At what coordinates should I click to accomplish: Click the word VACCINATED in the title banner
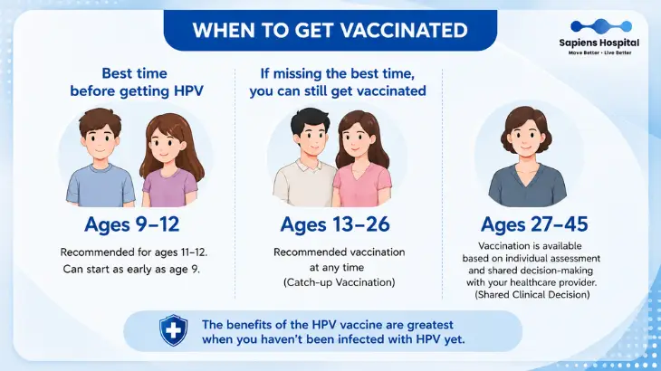(404, 31)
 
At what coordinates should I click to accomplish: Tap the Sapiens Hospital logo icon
(601, 26)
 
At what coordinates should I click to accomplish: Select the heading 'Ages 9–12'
(132, 224)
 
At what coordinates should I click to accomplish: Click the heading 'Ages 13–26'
(335, 224)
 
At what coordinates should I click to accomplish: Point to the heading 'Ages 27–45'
(534, 224)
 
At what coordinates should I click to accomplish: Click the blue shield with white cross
(173, 330)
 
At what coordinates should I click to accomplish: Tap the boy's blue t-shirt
(101, 185)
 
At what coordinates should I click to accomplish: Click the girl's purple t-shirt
(169, 188)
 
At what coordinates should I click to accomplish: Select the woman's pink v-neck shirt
(362, 185)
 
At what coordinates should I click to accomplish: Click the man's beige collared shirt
(303, 184)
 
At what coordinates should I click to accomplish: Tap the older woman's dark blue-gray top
(527, 186)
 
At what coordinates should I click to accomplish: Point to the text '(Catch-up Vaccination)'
(340, 282)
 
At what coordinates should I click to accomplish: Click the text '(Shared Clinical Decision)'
(532, 294)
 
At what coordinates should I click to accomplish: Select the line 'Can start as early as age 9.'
(131, 269)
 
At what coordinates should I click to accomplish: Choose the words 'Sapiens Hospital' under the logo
(599, 43)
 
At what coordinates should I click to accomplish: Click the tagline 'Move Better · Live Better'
(599, 52)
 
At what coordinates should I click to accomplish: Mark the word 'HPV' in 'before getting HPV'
(188, 91)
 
